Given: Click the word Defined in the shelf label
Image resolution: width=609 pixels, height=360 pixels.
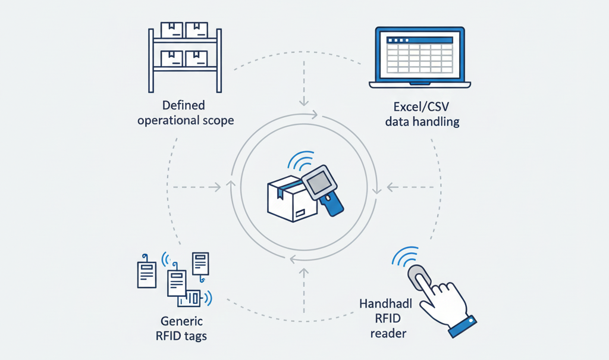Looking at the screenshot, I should [183, 105].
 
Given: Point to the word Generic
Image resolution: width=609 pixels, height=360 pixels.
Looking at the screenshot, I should [183, 321].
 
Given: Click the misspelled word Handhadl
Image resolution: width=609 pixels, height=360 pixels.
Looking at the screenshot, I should [382, 304].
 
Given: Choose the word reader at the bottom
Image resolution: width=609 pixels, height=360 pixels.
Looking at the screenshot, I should [388, 333].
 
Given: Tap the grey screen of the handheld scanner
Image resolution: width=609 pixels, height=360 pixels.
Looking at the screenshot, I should [321, 181].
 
